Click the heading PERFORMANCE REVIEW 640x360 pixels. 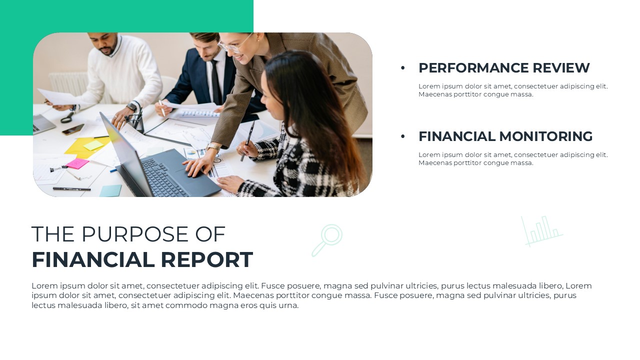click(x=504, y=68)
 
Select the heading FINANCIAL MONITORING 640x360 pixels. click(x=505, y=136)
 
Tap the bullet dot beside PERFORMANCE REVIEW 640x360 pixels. click(x=403, y=68)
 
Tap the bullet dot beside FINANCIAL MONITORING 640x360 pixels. click(x=403, y=136)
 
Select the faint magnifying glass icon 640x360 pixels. click(x=327, y=240)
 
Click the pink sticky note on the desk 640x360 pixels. click(x=77, y=163)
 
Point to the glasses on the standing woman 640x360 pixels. click(x=232, y=45)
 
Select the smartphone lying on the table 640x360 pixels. click(x=72, y=129)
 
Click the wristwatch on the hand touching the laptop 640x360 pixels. click(x=213, y=147)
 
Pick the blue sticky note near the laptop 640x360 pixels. click(x=110, y=190)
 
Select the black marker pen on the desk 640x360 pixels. click(x=71, y=189)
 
